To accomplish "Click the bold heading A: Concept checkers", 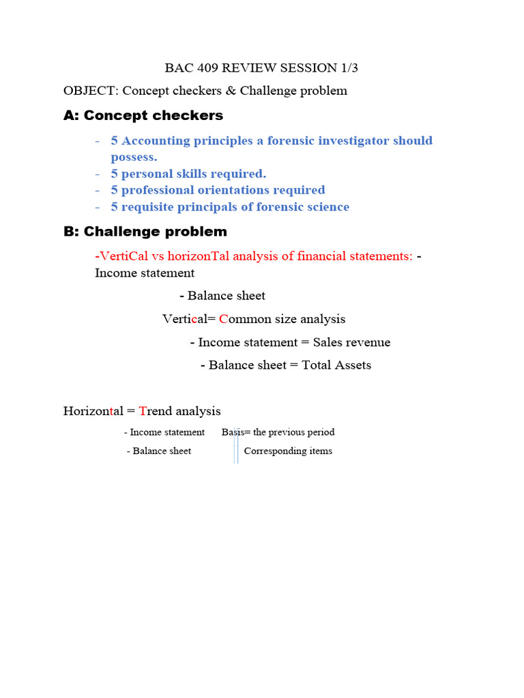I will (143, 115).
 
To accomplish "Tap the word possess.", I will (134, 157).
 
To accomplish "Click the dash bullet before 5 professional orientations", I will (98, 190).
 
